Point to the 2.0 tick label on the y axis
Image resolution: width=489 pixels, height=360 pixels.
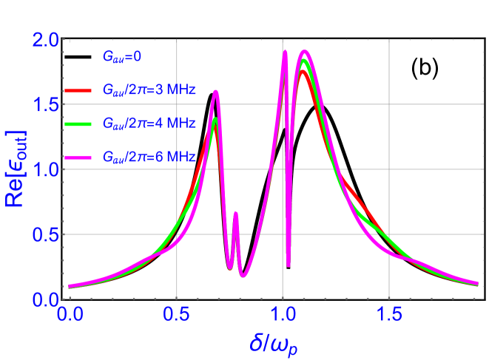[x=47, y=40]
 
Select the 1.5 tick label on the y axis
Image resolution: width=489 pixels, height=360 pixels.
[x=47, y=104]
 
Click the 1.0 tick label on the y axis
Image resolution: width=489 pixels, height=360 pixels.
[x=47, y=169]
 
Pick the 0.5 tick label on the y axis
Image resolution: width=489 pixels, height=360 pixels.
[x=47, y=234]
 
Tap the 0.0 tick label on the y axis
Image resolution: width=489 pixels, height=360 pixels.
[x=47, y=299]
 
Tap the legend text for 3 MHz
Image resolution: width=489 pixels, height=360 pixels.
[x=149, y=90]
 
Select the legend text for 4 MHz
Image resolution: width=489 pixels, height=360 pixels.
[x=149, y=123]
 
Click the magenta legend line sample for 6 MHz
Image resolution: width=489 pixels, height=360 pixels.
[x=80, y=157]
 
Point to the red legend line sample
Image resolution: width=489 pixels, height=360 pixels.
[x=80, y=90]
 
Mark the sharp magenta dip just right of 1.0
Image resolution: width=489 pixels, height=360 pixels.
[x=289, y=265]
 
